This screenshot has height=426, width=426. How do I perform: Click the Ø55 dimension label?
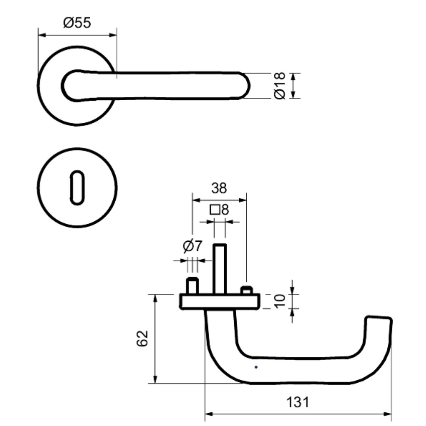77,22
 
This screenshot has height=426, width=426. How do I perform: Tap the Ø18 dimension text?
280,86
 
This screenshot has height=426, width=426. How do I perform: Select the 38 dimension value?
219,188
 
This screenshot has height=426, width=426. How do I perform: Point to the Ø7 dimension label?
193,246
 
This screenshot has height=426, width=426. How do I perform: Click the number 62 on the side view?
142,338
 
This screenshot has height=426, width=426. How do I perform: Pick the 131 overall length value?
298,402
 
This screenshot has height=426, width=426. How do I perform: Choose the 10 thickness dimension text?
280,301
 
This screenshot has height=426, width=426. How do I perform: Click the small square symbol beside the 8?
215,210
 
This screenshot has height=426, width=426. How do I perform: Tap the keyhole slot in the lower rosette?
77,188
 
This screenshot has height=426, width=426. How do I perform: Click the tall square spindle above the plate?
220,269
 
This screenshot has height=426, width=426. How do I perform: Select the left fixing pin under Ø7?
192,285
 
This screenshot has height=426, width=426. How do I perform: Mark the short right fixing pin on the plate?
247,290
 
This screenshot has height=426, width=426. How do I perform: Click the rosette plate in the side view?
220,301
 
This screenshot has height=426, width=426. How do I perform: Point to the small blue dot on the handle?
256,367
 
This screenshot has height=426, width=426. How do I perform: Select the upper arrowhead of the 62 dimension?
155,298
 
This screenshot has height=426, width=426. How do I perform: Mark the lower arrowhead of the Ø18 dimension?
293,94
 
